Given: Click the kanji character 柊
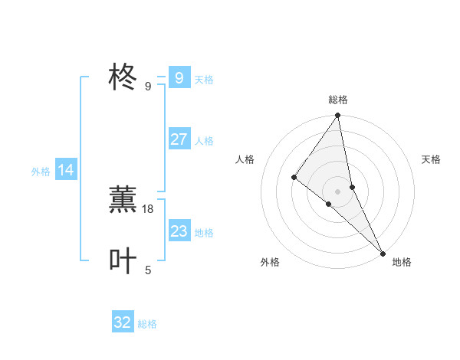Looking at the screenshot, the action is (x=123, y=78).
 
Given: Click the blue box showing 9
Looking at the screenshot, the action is (x=179, y=78).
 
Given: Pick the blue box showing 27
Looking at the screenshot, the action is (x=179, y=139).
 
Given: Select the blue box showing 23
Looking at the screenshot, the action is (x=179, y=231).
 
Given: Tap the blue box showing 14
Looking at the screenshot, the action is (x=66, y=171).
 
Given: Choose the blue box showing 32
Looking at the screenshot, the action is (x=123, y=322).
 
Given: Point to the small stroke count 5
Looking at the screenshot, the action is (x=148, y=270).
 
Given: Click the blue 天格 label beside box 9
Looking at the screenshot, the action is (x=204, y=80).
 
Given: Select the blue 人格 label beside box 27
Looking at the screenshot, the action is (x=204, y=141).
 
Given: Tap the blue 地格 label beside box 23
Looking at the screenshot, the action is (x=204, y=233).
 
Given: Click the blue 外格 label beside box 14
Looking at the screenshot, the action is (x=41, y=172).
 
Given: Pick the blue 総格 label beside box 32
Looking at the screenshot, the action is (x=147, y=324).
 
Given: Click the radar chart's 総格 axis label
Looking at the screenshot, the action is (x=338, y=100).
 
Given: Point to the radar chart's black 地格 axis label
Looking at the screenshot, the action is (x=402, y=262).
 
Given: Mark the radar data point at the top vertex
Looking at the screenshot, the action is (x=338, y=116).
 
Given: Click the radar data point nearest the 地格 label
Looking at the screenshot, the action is (x=383, y=252).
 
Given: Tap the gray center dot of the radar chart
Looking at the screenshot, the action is (x=338, y=191).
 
